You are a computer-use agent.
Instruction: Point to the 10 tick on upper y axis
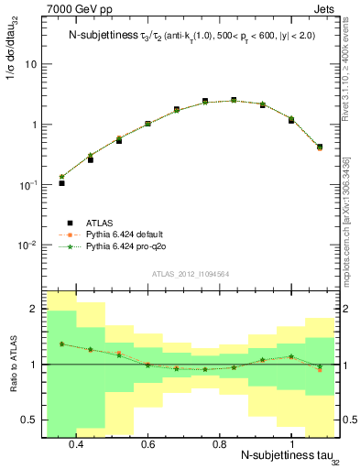pos(31,64)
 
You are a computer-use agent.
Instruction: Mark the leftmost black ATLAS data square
pos(61,183)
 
